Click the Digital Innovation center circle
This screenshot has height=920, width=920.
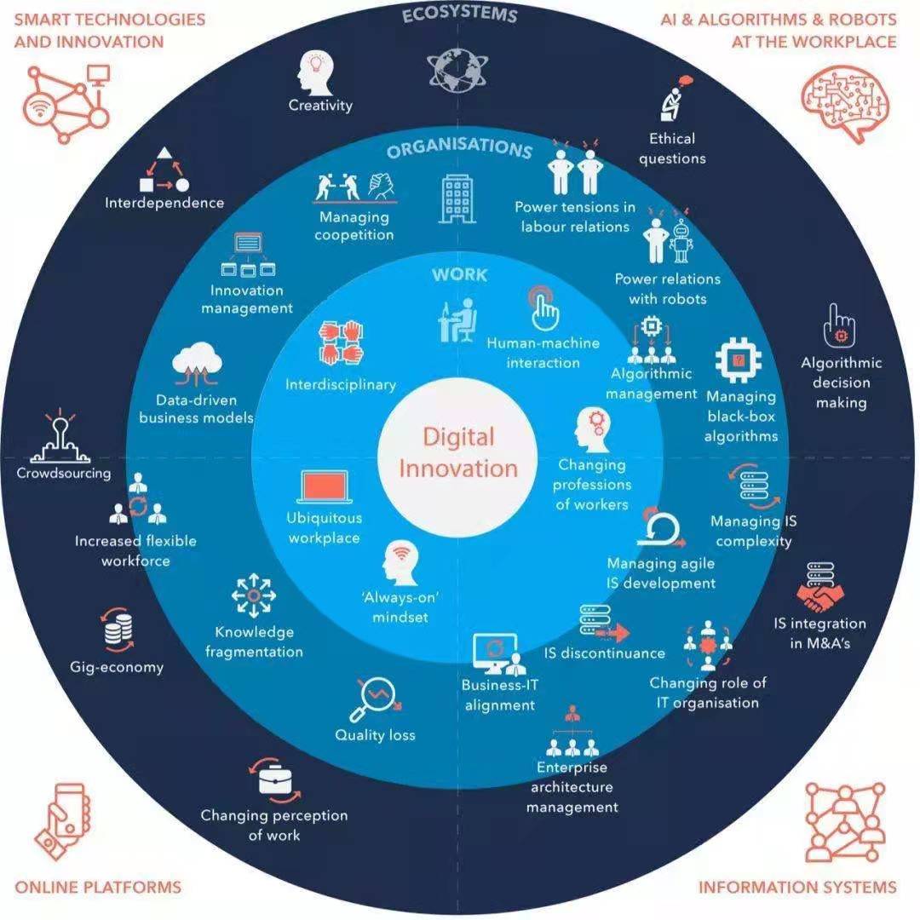(x=457, y=457)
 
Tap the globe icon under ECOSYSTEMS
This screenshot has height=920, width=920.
(x=457, y=69)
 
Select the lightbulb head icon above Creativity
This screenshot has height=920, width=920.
(x=316, y=72)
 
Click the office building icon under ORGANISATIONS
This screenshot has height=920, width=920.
(x=457, y=198)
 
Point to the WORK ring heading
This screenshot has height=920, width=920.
(x=459, y=274)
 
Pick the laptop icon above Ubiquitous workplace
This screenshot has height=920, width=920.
(x=325, y=487)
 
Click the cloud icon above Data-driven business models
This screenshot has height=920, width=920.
(x=197, y=364)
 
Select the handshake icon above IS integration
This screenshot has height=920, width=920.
(x=820, y=588)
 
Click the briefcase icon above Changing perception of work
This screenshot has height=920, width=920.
(x=274, y=780)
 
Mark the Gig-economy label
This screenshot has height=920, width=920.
(x=117, y=667)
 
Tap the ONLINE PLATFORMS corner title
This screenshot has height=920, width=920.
(x=98, y=887)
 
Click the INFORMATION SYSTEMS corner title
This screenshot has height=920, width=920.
(x=797, y=887)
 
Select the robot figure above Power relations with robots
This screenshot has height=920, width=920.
(x=681, y=240)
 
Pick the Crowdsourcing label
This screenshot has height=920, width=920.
(x=63, y=473)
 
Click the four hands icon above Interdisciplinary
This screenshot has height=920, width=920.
(x=341, y=342)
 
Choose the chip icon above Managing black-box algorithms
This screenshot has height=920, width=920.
(x=739, y=360)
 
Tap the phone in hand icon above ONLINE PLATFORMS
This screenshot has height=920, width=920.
(x=63, y=821)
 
